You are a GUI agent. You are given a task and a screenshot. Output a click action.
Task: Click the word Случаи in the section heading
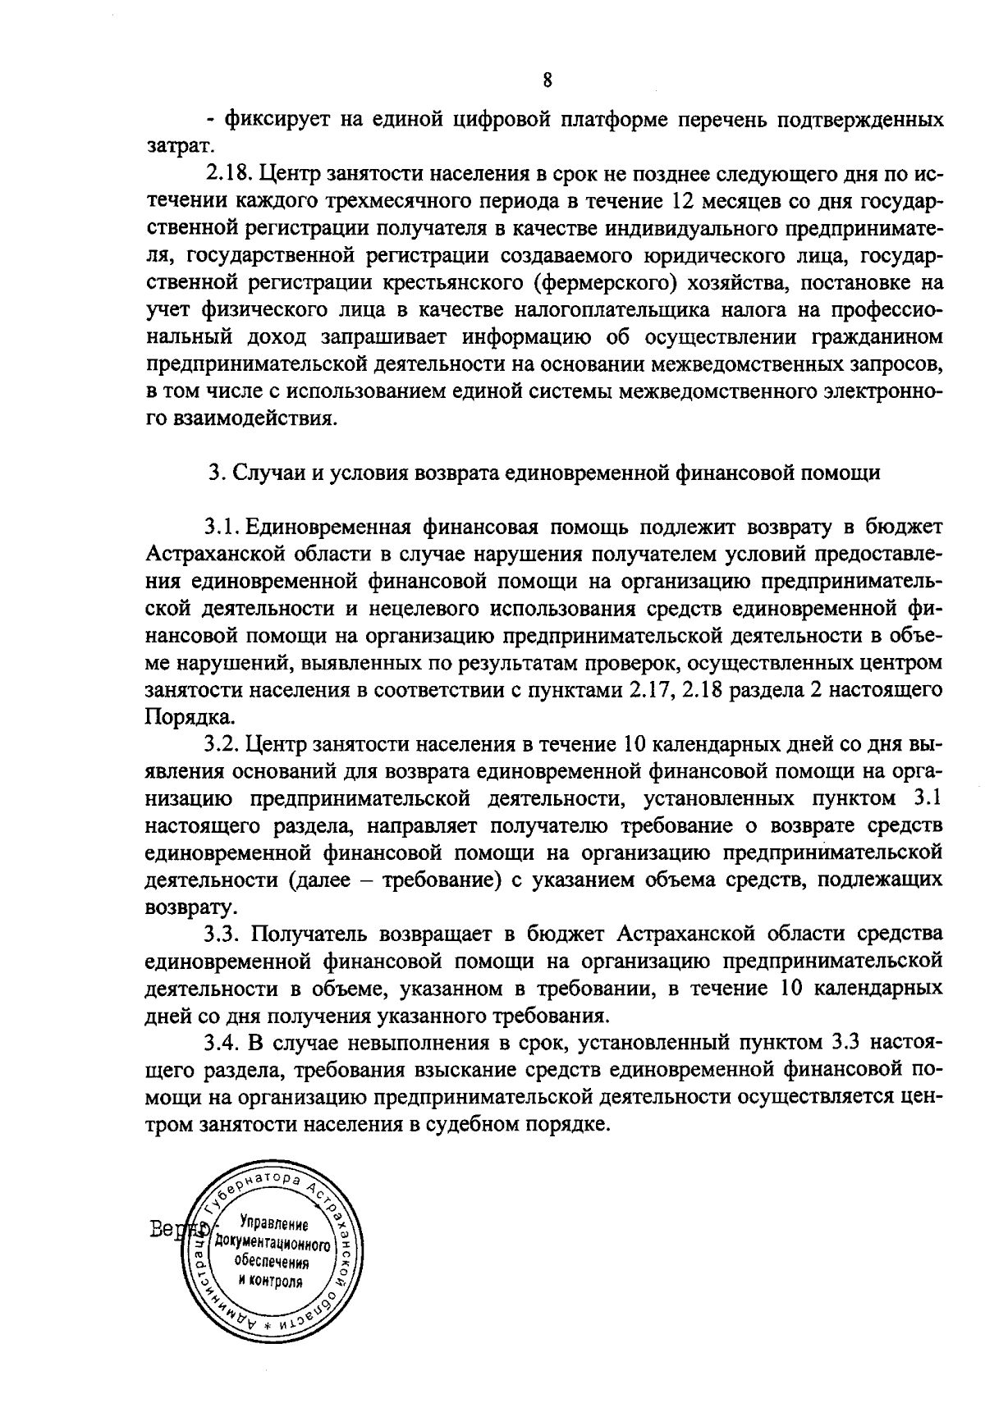[263, 473]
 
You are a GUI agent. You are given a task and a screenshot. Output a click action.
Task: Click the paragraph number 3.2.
[222, 744]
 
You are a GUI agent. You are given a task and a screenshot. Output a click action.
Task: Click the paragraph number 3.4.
[222, 1043]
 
